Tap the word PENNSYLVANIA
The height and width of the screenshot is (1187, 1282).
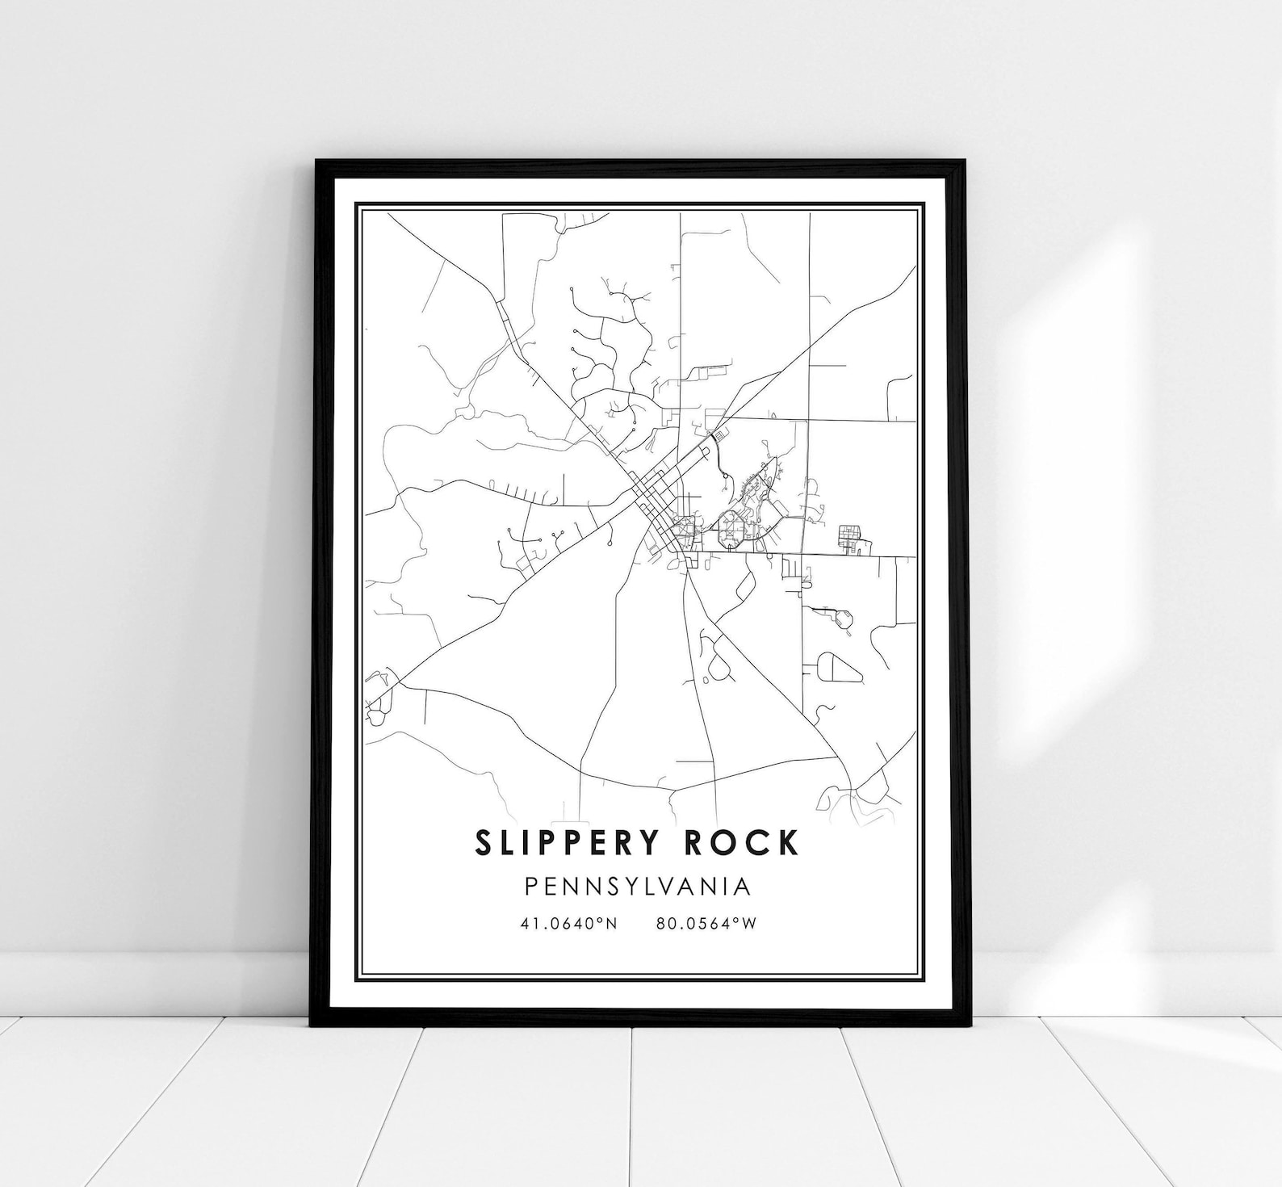coord(638,887)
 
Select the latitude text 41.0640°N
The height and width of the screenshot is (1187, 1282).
coord(569,923)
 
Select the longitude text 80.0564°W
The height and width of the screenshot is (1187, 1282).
coord(706,923)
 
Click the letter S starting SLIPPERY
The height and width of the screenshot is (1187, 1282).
coord(484,842)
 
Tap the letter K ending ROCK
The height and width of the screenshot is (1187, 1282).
coord(789,842)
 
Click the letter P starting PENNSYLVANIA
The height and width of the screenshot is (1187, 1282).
coord(531,887)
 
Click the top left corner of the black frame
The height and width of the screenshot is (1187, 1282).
coord(317,162)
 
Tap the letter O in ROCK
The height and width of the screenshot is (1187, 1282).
coord(724,842)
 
